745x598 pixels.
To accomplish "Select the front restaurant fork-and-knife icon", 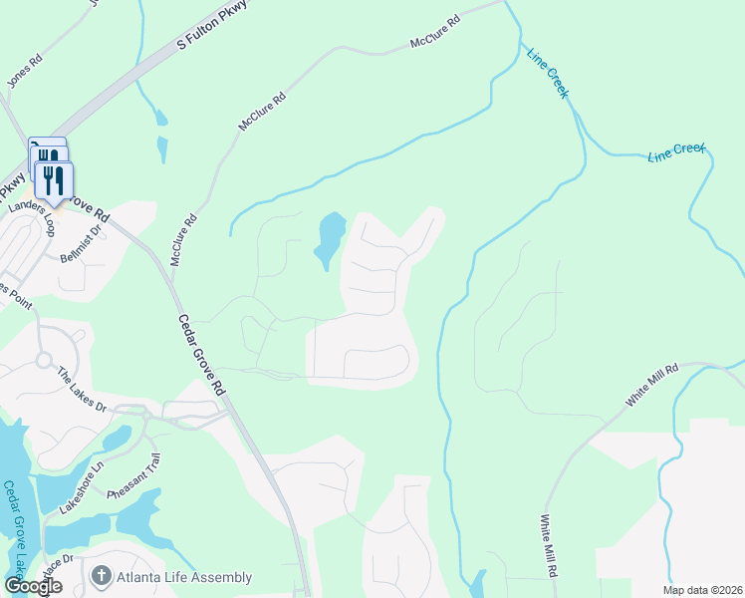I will [x=53, y=180].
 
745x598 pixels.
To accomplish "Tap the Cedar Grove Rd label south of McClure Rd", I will [x=200, y=354].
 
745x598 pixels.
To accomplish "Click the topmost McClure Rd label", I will [x=435, y=33].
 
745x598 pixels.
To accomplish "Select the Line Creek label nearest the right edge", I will [x=676, y=152].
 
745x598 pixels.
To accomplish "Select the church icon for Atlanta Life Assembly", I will [x=100, y=576].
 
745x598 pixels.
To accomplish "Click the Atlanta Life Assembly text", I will [x=184, y=577].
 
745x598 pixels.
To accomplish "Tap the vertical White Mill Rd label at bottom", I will [x=547, y=546].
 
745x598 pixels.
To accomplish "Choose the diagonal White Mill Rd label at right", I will [x=651, y=385].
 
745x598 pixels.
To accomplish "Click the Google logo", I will [x=34, y=586].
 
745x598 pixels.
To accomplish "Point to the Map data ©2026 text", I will [x=702, y=590].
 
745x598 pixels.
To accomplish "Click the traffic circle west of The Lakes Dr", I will [x=44, y=360].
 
